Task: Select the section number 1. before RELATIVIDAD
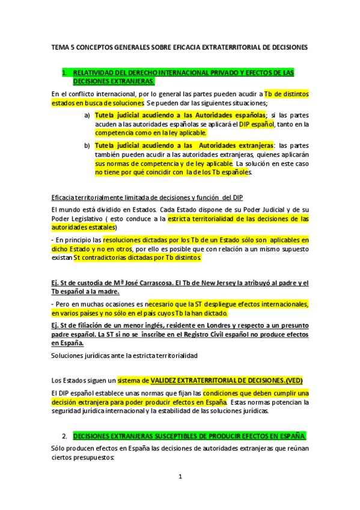click(x=82, y=72)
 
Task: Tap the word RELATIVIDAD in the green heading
click(x=114, y=72)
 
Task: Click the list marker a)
click(x=87, y=115)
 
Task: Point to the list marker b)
click(x=87, y=146)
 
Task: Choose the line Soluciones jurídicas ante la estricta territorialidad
click(x=124, y=355)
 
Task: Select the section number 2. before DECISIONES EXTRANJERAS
click(x=64, y=435)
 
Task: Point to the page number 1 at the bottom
click(x=180, y=478)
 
